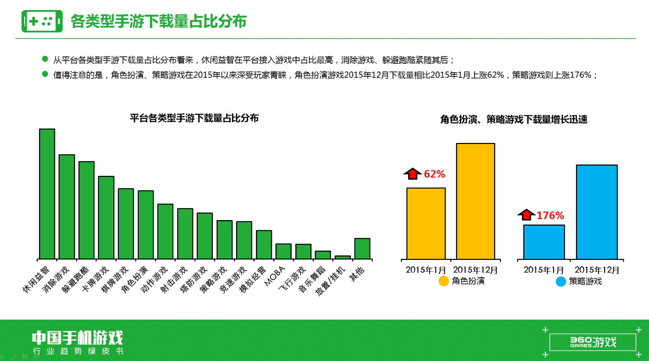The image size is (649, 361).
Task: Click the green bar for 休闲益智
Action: pyautogui.click(x=47, y=194)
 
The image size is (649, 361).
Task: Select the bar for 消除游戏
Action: pyautogui.click(x=67, y=207)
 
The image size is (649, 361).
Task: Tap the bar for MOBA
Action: pyautogui.click(x=284, y=251)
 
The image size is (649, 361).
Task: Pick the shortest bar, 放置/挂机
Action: pyautogui.click(x=343, y=257)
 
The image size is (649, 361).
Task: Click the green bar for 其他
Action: pyautogui.click(x=363, y=249)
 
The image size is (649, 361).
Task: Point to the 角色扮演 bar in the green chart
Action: pyautogui.click(x=146, y=225)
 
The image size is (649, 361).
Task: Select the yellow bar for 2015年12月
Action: pyautogui.click(x=475, y=201)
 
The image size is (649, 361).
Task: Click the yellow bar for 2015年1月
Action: pyautogui.click(x=426, y=224)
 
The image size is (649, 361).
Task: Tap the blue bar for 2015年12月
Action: pyautogui.click(x=597, y=212)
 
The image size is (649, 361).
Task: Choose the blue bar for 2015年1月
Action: pyautogui.click(x=544, y=242)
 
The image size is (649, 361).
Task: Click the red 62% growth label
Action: pyautogui.click(x=434, y=174)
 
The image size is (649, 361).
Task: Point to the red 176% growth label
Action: pyautogui.click(x=550, y=216)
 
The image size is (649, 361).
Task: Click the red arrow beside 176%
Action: pyautogui.click(x=526, y=215)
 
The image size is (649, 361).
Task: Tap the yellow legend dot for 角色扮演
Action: pyautogui.click(x=444, y=281)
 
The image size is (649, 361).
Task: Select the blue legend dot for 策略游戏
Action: pyautogui.click(x=561, y=281)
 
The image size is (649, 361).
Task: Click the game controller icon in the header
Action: pyautogui.click(x=42, y=21)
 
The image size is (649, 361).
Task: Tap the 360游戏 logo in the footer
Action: pyautogui.click(x=593, y=342)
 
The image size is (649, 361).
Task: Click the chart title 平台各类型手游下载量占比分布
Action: pyautogui.click(x=194, y=118)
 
